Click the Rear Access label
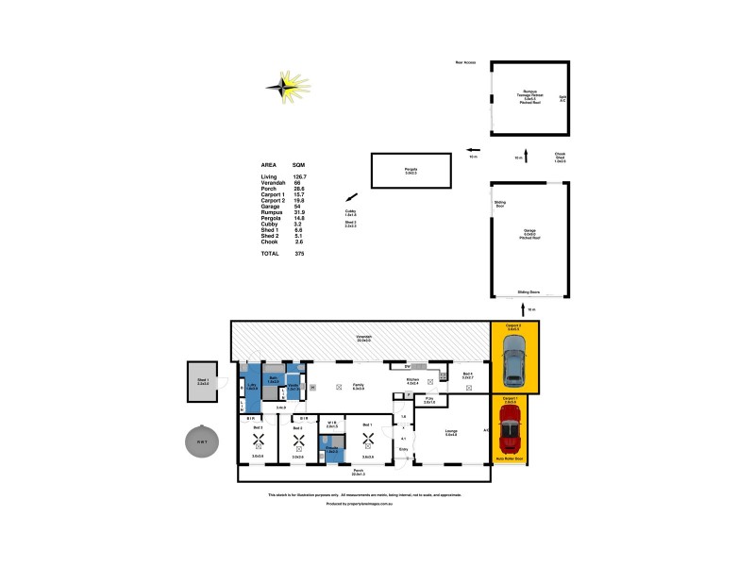coord(465,63)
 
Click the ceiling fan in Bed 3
coord(257,437)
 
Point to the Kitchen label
coord(411,381)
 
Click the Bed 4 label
coord(468,375)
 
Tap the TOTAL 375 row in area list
coord(283,255)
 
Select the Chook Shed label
coord(560,158)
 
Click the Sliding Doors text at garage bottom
coord(528,292)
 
